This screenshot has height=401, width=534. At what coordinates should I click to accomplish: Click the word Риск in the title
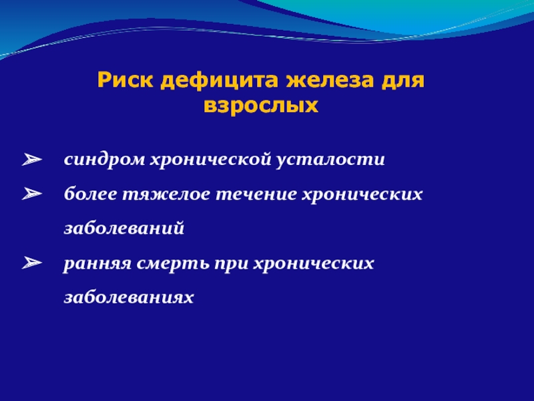pyautogui.click(x=125, y=80)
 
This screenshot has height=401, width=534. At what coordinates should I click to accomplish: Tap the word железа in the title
pyautogui.click(x=329, y=81)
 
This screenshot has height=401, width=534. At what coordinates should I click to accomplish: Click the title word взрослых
pyautogui.click(x=261, y=106)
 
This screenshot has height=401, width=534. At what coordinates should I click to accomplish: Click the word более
pyautogui.click(x=91, y=194)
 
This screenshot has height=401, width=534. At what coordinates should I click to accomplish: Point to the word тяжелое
pyautogui.click(x=166, y=194)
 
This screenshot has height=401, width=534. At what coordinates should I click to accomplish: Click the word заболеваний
pyautogui.click(x=124, y=228)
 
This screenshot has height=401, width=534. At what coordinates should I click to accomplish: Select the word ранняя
pyautogui.click(x=97, y=264)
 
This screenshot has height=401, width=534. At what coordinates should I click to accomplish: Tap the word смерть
pyautogui.click(x=173, y=263)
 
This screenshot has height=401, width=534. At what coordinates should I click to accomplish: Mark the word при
pyautogui.click(x=231, y=264)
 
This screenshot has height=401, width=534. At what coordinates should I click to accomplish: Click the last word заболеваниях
pyautogui.click(x=129, y=297)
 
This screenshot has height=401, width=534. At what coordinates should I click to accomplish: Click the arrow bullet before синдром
pyautogui.click(x=32, y=159)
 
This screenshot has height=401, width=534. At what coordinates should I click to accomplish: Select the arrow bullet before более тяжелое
pyautogui.click(x=32, y=193)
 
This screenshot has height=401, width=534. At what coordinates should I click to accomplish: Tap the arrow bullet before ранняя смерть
pyautogui.click(x=32, y=263)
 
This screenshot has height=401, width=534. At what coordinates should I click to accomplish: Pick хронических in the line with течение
pyautogui.click(x=362, y=194)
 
